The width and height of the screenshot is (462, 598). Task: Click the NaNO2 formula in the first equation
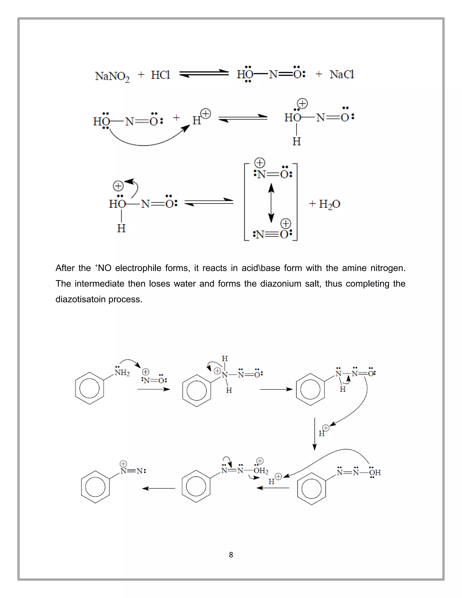(112, 76)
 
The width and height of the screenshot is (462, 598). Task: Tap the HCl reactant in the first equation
(160, 75)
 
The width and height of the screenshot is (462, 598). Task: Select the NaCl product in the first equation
(342, 74)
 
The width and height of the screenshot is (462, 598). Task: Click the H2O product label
(329, 204)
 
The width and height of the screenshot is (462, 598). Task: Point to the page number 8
(231, 555)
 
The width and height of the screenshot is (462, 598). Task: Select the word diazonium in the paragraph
(281, 283)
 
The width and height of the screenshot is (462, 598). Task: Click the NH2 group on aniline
(122, 372)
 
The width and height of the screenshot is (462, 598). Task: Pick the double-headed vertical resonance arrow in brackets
(271, 203)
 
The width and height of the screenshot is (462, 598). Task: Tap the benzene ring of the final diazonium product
(95, 487)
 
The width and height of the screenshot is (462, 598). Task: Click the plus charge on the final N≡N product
(123, 464)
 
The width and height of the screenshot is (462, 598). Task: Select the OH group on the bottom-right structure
(375, 472)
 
